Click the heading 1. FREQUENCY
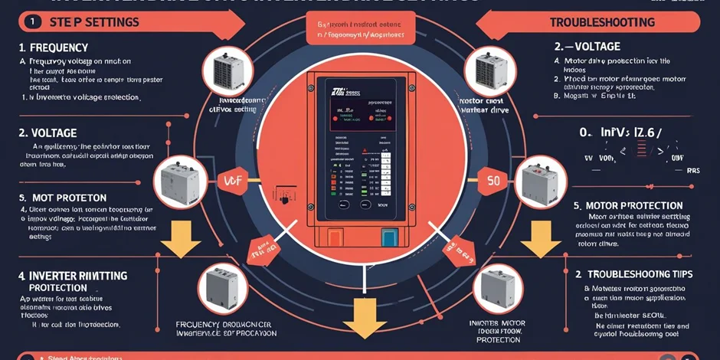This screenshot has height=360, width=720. coord(54,47)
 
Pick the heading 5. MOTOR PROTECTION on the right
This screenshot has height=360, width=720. coord(628,205)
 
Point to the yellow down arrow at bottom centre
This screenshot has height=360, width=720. coord(359,316)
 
